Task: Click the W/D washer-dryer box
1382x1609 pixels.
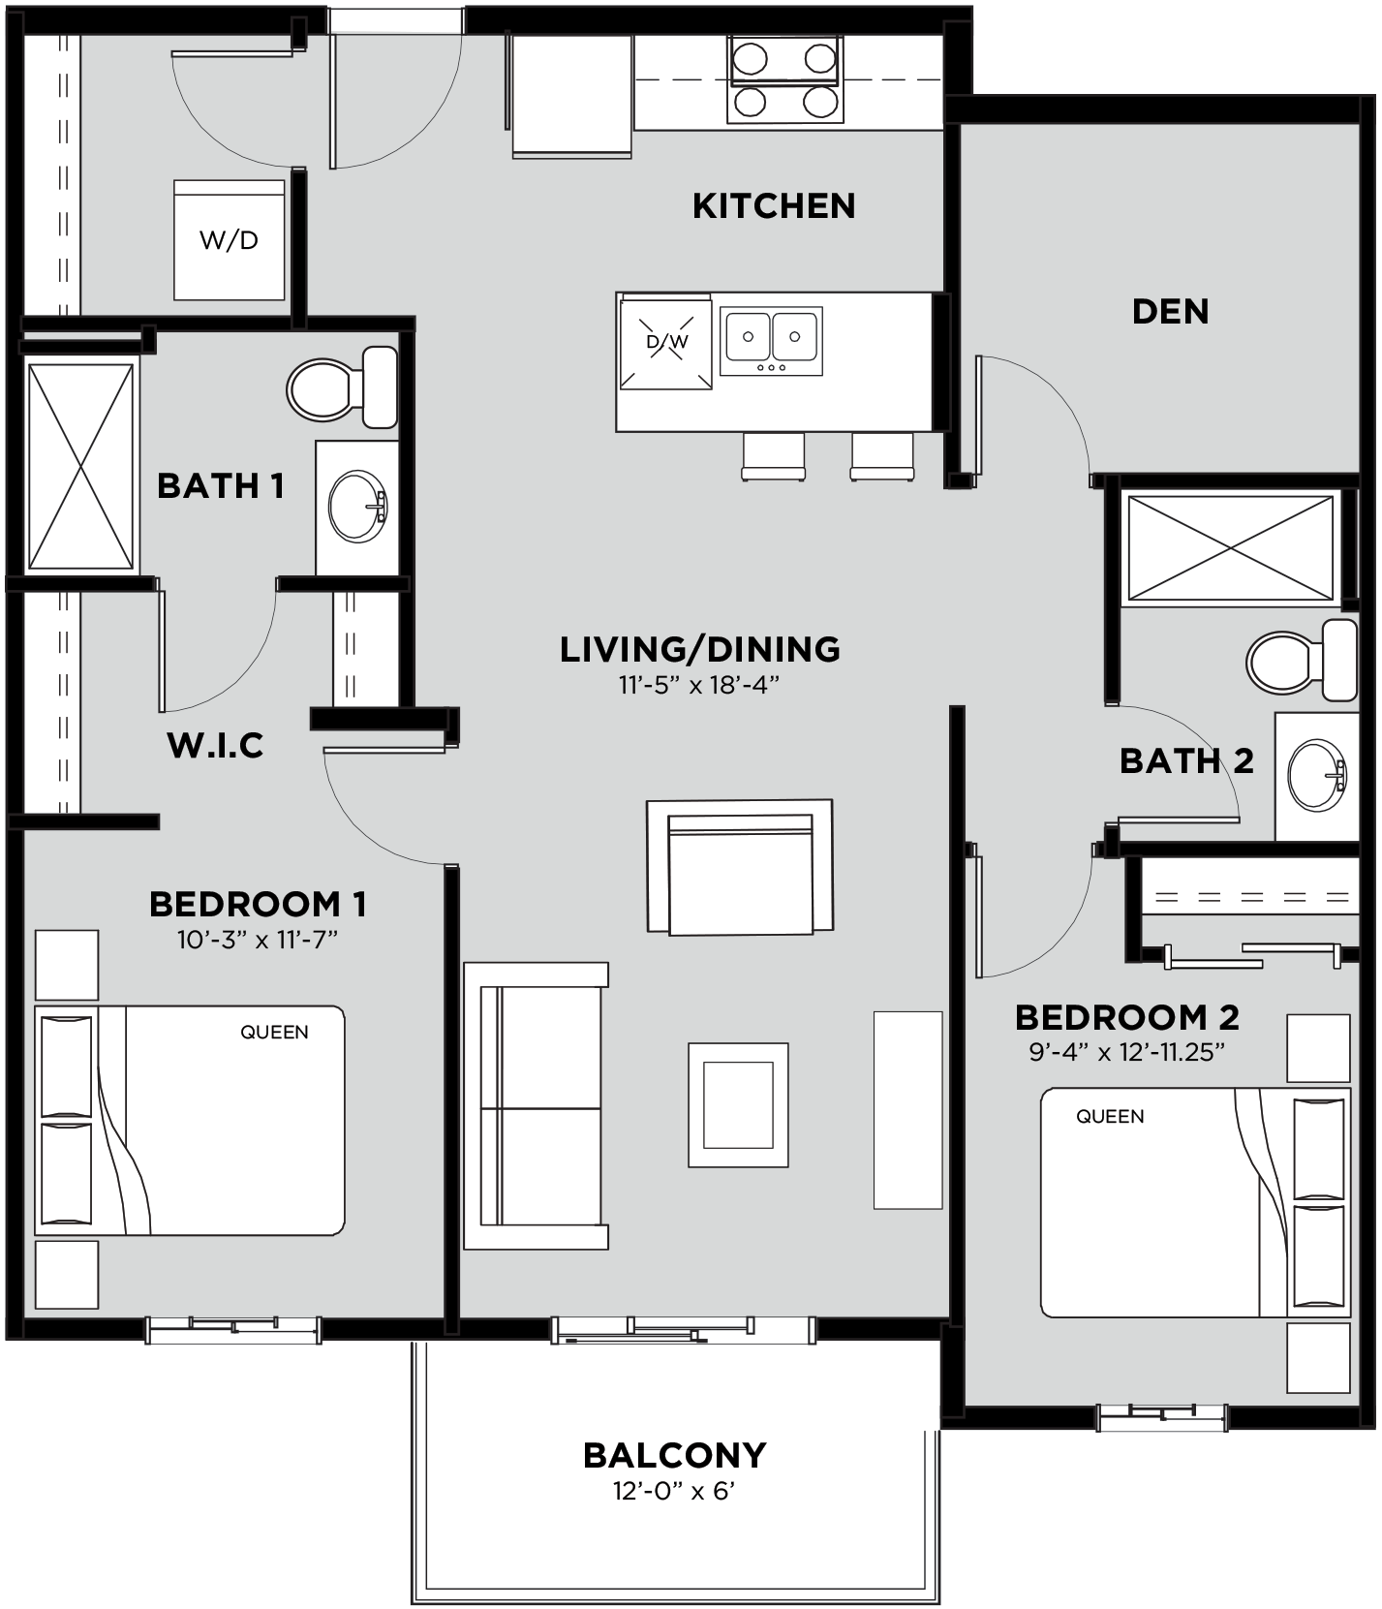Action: click(x=230, y=240)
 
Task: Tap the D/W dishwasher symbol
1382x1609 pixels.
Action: click(x=666, y=342)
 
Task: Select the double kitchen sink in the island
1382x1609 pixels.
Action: click(x=772, y=339)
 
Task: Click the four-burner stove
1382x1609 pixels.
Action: click(x=785, y=79)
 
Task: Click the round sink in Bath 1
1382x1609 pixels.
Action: click(x=356, y=507)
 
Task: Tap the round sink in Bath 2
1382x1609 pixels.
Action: click(x=1316, y=775)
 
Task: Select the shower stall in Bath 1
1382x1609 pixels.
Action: click(x=80, y=465)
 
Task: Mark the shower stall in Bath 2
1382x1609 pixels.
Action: click(x=1230, y=548)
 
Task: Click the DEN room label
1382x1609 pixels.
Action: click(x=1170, y=312)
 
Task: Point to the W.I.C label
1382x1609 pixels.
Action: click(x=215, y=745)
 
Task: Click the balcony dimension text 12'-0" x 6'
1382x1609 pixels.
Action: click(x=674, y=1491)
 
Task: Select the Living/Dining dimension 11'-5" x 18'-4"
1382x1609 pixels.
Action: click(x=699, y=685)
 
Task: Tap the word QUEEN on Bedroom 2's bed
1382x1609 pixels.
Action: click(x=1110, y=1117)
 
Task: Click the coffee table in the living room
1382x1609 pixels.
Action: click(x=738, y=1105)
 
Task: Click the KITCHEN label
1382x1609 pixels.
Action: click(x=774, y=206)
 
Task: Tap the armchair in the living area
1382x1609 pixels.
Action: click(x=740, y=868)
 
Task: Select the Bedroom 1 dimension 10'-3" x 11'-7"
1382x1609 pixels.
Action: click(x=257, y=940)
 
